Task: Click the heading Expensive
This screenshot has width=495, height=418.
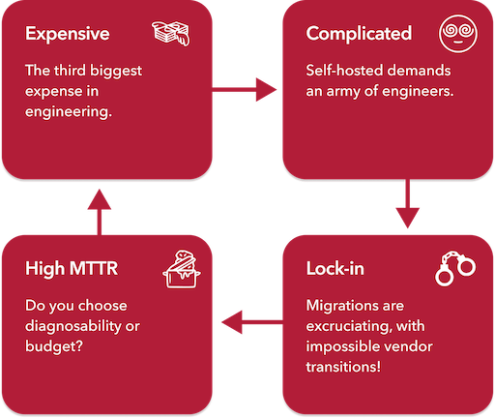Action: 68,34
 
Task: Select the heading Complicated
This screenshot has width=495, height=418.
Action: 359,34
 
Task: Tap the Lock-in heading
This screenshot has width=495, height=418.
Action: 335,268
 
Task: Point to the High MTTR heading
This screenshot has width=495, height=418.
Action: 72,269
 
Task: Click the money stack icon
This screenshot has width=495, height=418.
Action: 171,33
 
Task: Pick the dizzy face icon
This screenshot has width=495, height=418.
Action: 458,34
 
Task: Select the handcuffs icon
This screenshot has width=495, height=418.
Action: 455,268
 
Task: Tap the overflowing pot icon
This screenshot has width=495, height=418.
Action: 182,269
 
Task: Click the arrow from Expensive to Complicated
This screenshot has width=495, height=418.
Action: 245,90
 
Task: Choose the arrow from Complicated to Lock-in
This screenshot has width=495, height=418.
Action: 408,203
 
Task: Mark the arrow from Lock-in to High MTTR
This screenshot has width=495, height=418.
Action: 252,322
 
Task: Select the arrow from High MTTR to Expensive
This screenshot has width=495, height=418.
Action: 100,212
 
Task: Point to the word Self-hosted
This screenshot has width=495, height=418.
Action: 348,71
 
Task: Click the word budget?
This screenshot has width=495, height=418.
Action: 54,346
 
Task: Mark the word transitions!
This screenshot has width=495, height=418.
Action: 343,367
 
